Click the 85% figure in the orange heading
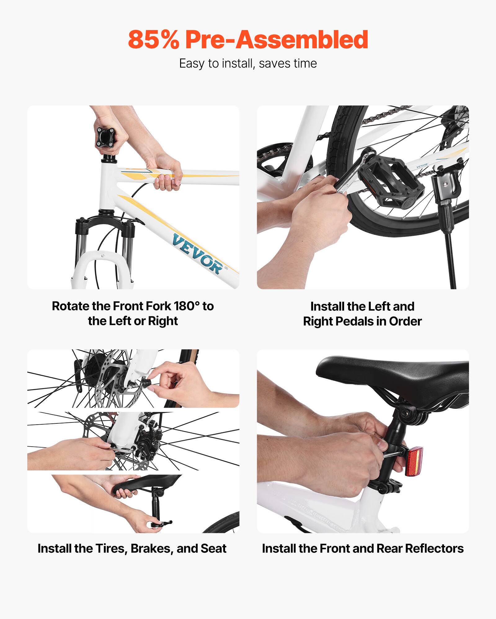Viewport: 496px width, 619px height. click(153, 40)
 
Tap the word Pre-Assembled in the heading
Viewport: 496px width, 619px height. click(277, 40)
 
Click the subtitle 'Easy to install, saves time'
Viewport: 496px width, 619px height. click(248, 63)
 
